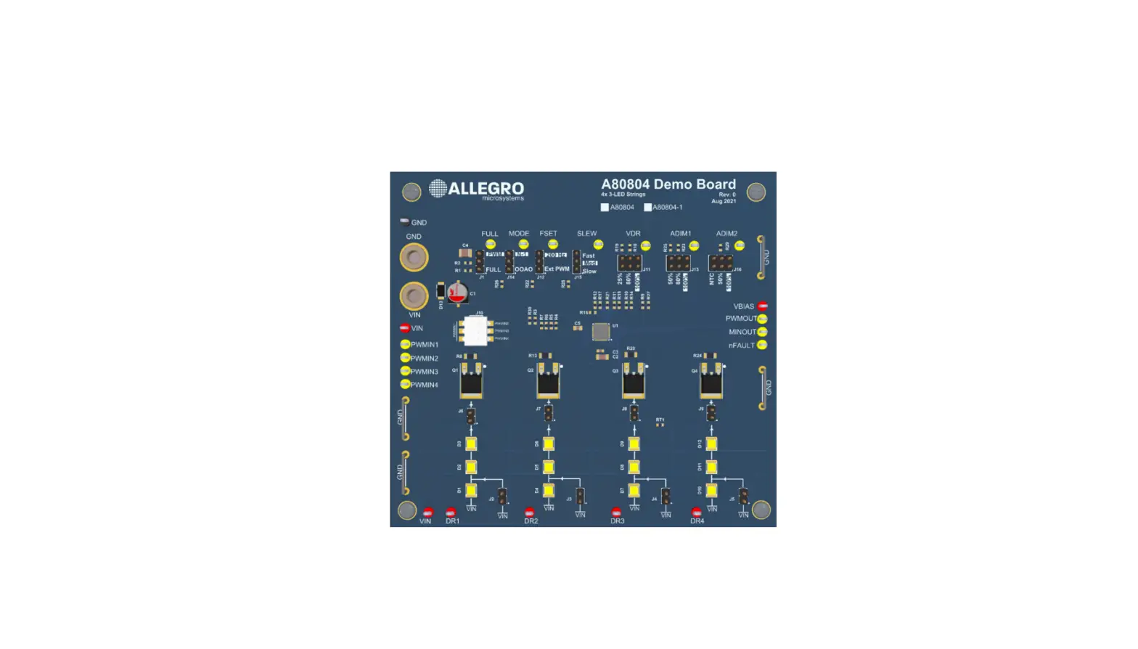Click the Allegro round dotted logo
438,189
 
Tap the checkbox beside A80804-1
647,207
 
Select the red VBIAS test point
763,306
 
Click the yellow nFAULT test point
762,345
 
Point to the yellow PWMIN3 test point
405,371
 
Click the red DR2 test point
529,513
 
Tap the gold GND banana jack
414,257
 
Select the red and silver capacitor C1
457,293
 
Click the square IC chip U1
600,332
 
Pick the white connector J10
475,331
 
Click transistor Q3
634,382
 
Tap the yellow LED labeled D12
711,444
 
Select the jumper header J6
470,415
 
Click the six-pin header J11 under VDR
629,263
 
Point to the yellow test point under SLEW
598,245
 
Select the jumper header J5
743,497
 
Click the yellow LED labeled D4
549,491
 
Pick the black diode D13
441,291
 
